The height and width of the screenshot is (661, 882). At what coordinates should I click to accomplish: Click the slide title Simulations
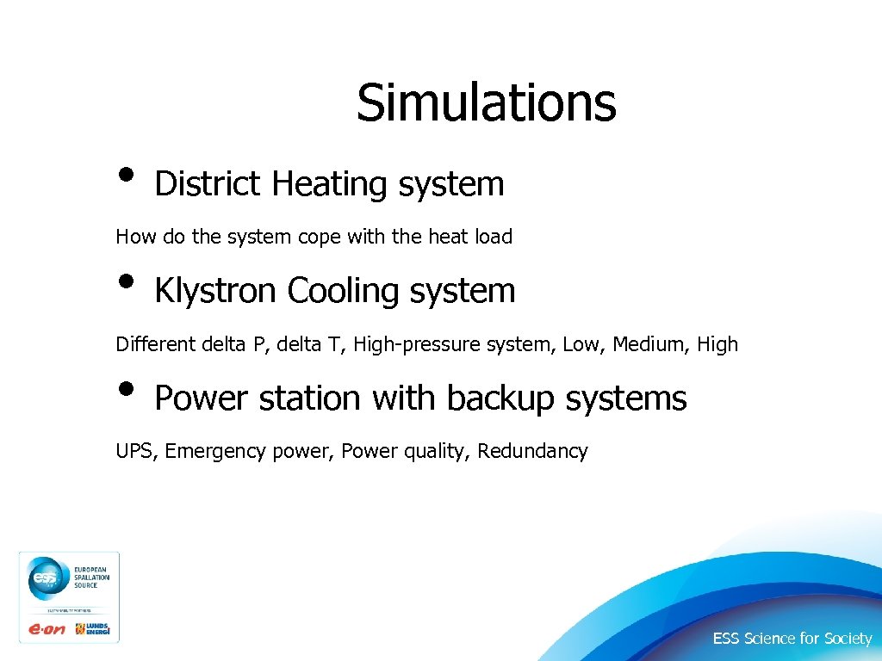point(487,102)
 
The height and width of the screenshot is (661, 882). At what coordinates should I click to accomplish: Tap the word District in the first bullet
point(207,183)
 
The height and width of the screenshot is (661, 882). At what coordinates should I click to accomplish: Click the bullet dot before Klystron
point(127,281)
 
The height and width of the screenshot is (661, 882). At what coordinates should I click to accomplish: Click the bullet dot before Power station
point(127,389)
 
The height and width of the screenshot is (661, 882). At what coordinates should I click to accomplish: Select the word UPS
point(134,451)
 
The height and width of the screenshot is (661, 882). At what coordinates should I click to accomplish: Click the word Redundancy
point(533,451)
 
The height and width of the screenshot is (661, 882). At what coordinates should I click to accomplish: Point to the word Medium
point(646,344)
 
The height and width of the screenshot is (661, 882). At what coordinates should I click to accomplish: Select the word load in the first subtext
point(494,237)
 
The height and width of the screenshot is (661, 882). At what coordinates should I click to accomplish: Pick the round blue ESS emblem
point(43,579)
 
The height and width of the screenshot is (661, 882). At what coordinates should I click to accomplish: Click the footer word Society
point(848,639)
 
